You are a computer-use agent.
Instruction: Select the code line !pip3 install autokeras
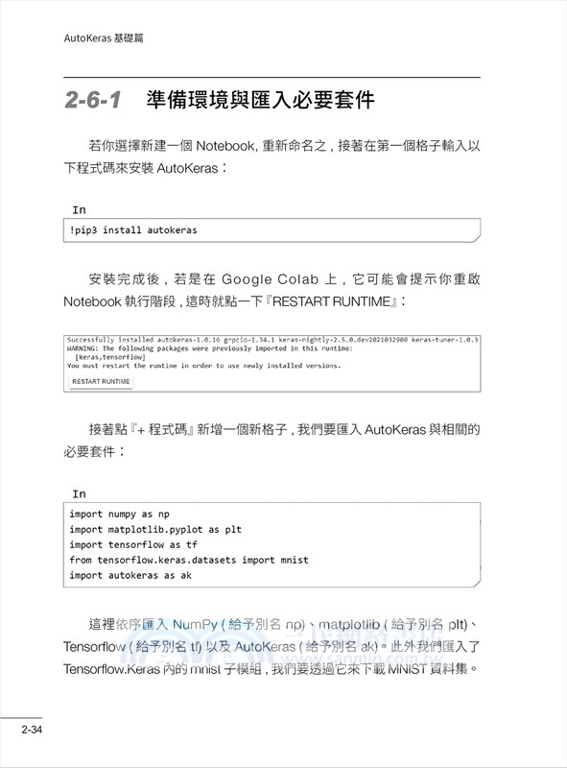133,230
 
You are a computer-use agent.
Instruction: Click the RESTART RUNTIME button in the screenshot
100,381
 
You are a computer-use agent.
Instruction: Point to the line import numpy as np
119,514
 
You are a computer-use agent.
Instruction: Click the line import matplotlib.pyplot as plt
155,529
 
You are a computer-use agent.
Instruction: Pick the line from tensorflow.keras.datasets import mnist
189,560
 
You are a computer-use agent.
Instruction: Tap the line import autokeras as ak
130,575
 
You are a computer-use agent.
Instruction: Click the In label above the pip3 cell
79,209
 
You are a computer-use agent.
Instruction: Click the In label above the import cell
79,493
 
